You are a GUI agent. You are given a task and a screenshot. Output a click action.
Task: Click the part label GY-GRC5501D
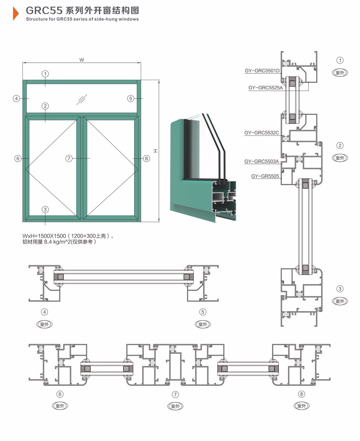(262, 71)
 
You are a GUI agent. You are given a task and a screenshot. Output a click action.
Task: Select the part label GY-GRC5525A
(265, 88)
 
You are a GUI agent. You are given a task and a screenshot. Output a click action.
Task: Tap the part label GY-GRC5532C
(262, 133)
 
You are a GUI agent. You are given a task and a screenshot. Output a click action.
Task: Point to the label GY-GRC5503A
(262, 162)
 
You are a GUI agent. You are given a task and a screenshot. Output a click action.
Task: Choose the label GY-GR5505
(265, 176)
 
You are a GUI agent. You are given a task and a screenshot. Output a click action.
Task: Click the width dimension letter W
(82, 60)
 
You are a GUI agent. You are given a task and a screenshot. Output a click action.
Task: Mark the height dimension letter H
(155, 151)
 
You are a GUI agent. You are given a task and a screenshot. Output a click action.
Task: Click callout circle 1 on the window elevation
(45, 74)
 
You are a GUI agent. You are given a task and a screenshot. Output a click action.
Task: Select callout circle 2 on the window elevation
(45, 106)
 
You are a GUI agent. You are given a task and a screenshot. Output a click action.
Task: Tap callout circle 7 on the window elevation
(69, 158)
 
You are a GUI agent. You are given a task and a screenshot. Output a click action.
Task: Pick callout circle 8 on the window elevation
(146, 158)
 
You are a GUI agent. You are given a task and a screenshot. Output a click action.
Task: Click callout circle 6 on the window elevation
(18, 158)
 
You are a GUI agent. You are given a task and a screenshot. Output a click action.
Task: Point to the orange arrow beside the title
(16, 14)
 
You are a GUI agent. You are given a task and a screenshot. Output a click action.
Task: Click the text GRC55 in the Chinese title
(44, 11)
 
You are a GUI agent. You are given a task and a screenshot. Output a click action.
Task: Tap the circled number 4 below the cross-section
(44, 312)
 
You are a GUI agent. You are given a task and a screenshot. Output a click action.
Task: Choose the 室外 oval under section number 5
(203, 324)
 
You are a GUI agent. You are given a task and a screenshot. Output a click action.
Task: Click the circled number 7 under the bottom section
(175, 394)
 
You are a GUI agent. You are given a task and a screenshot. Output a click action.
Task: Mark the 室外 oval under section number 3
(340, 301)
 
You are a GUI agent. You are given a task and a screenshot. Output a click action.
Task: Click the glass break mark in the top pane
(82, 100)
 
